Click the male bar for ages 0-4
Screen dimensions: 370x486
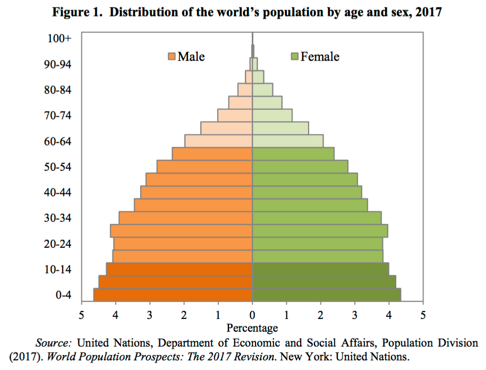[x=173, y=295]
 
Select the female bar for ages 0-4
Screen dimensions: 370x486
[x=326, y=295]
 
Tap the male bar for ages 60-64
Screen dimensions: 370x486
[x=218, y=141]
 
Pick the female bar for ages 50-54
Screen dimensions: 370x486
[x=300, y=167]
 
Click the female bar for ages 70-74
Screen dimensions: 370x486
[x=272, y=115]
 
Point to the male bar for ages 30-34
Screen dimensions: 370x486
[x=185, y=218]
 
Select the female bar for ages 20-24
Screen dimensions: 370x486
[x=317, y=244]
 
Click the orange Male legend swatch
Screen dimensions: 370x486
[x=172, y=57]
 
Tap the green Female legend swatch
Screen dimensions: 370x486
[x=295, y=57]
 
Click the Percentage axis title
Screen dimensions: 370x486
[x=252, y=328]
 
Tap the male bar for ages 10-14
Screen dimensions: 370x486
[x=179, y=270]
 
